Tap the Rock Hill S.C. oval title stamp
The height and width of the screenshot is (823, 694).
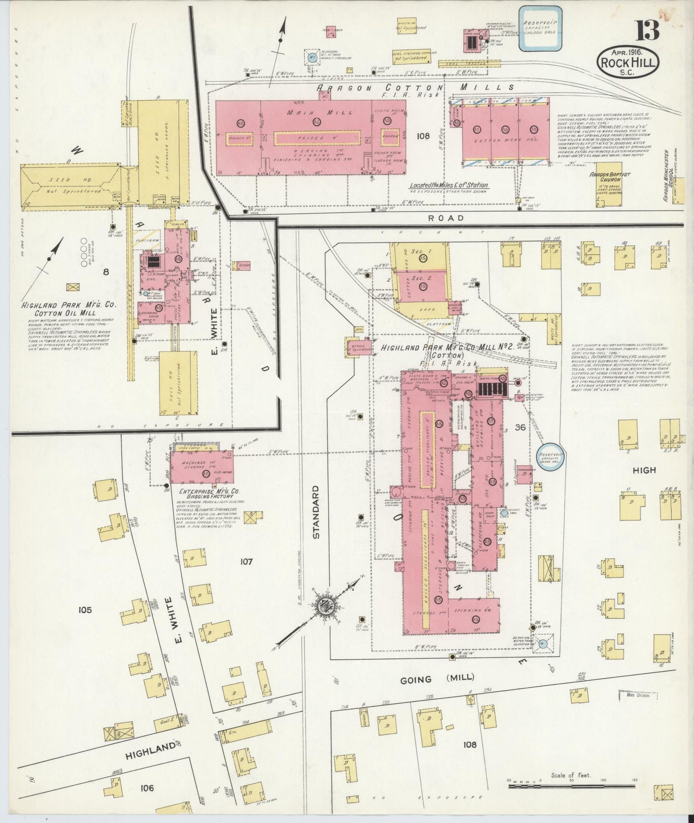[x=628, y=62]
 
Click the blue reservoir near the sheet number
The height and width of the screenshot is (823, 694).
[x=540, y=28]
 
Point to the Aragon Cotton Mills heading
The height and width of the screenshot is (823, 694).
[x=414, y=88]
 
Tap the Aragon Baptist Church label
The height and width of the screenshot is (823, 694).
[x=610, y=178]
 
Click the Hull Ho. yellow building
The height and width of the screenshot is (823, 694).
[x=178, y=383]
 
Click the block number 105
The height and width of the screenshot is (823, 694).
[x=85, y=610]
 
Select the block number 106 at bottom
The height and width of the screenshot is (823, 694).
[x=147, y=788]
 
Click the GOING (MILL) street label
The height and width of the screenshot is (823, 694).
[x=437, y=678]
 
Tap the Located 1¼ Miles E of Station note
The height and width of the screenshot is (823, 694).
[x=449, y=185]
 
